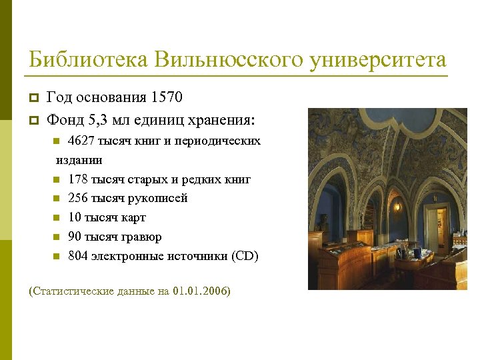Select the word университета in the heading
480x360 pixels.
click(377, 60)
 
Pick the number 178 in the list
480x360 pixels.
click(78, 179)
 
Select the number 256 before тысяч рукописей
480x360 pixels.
click(78, 198)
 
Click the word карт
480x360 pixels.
click(133, 217)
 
